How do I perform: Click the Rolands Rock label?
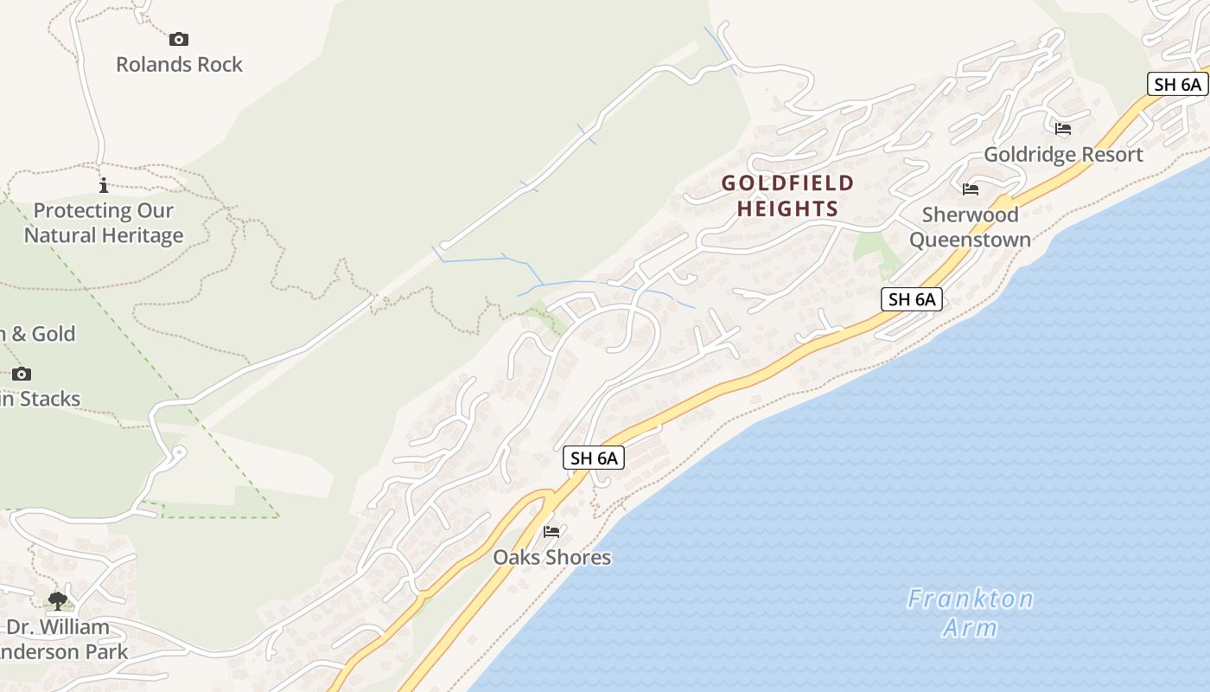point(180,65)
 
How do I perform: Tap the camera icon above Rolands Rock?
point(179,39)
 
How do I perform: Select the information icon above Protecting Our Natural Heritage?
point(104,185)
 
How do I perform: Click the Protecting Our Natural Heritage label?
point(104,223)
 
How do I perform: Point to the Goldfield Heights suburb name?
point(787,195)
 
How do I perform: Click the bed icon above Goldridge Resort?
point(1063,129)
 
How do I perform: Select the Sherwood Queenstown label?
point(970,227)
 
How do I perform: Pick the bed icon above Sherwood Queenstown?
point(971,189)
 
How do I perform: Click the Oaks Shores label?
point(551,558)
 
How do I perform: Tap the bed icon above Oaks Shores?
point(551,531)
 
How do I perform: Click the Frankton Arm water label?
point(970,612)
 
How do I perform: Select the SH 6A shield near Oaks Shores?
point(594,458)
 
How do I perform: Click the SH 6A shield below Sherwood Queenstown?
point(912,300)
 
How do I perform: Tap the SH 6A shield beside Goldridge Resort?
point(1177,84)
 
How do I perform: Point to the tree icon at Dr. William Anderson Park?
point(58,600)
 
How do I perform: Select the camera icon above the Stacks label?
point(22,374)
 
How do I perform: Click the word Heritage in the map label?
point(140,235)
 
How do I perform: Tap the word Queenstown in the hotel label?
point(970,240)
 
